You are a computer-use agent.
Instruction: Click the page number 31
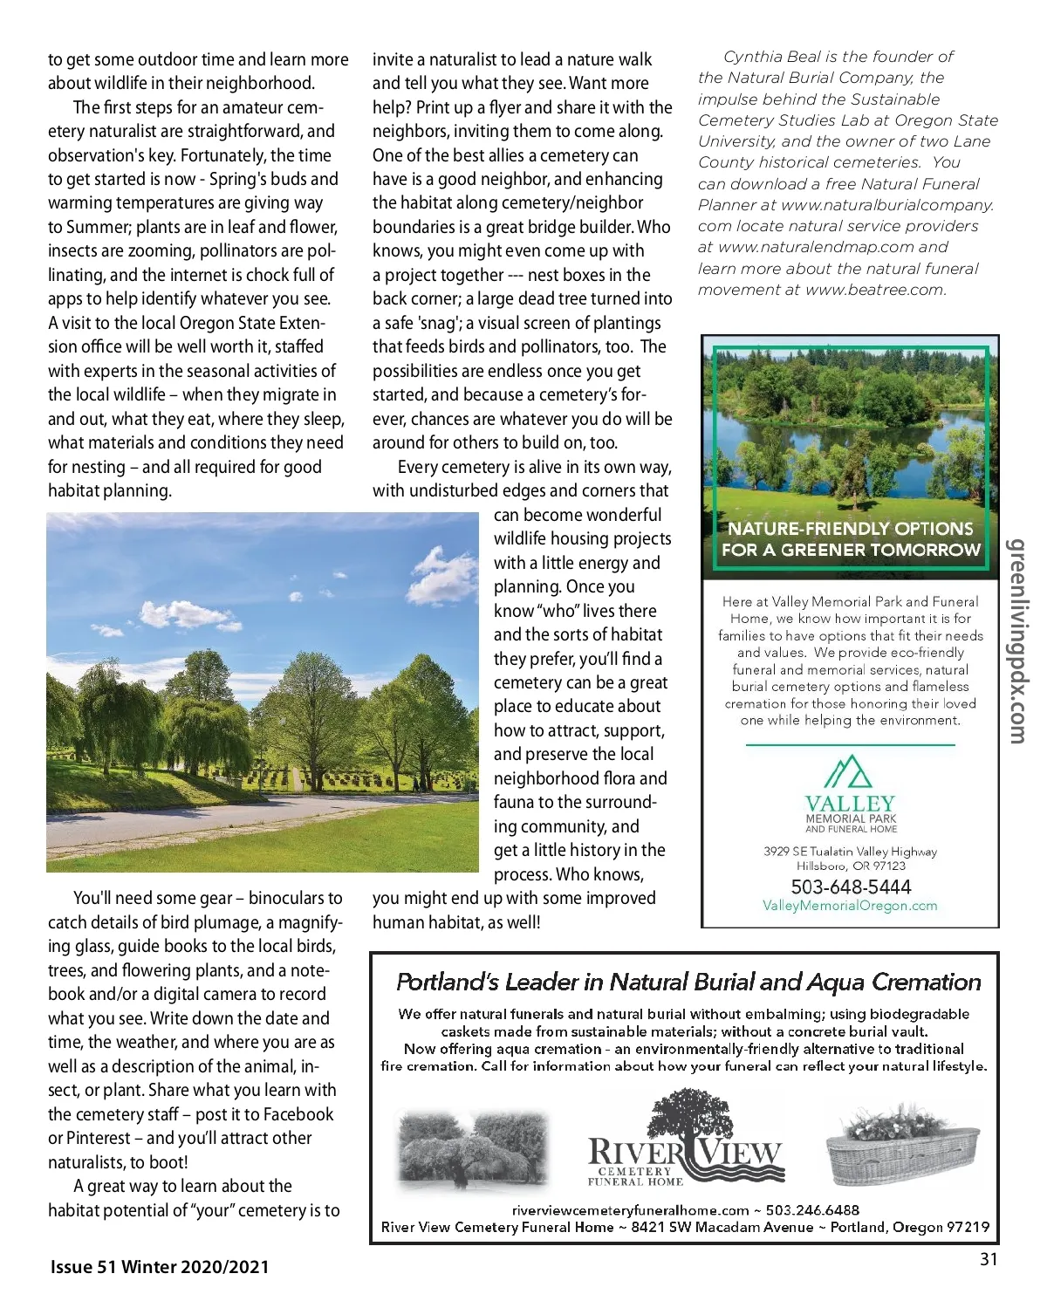(x=988, y=1259)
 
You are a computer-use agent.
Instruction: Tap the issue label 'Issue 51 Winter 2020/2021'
(x=160, y=1267)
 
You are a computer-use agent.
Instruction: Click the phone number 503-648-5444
(x=851, y=887)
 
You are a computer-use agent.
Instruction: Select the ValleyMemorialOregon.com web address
(x=850, y=906)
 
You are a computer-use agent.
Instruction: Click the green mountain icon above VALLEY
(x=848, y=772)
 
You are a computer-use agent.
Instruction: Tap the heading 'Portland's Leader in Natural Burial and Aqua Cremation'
(x=688, y=983)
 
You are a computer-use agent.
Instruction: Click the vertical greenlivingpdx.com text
(x=1017, y=640)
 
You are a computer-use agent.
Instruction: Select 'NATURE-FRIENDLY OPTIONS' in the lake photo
(x=850, y=529)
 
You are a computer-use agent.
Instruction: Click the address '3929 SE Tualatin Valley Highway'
(x=850, y=852)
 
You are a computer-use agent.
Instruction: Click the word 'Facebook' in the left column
(x=298, y=1114)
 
